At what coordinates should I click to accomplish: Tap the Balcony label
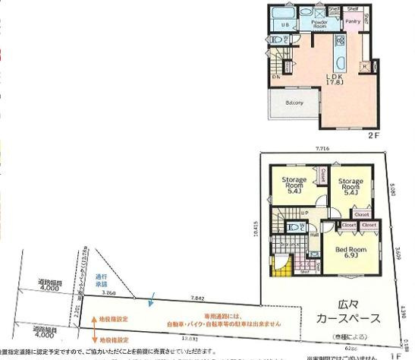[x=294, y=103]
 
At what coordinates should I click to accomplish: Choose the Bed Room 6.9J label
[x=351, y=252]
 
